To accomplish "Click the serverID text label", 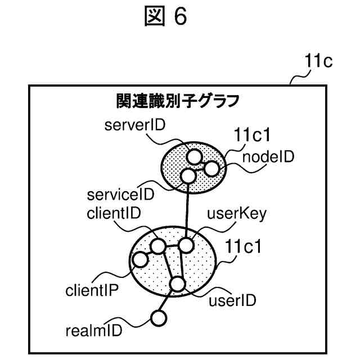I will [x=134, y=126].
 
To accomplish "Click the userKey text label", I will [x=237, y=214].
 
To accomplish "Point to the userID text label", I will [x=232, y=300].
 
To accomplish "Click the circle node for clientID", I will [x=158, y=246].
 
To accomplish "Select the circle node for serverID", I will [x=194, y=156].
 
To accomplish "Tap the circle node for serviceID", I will [x=188, y=177].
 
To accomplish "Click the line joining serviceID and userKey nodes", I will [x=187, y=211].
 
